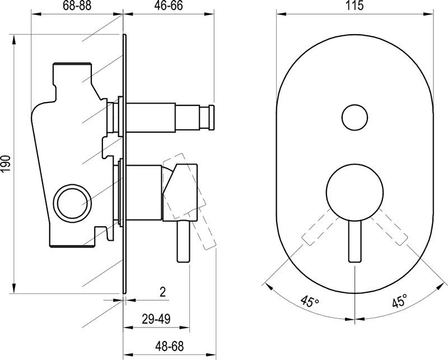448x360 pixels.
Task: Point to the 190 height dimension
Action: point(6,164)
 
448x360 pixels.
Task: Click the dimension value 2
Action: point(163,291)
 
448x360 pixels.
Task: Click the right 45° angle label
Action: point(399,302)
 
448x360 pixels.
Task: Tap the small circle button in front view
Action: point(354,118)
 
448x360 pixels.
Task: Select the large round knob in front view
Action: point(354,192)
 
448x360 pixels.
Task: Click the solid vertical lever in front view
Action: point(354,241)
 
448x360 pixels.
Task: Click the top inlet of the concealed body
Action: point(72,66)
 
